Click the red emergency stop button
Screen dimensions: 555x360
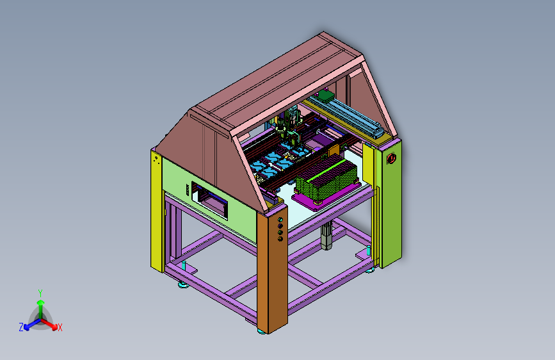click(391, 158)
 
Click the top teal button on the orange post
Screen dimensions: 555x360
click(280, 220)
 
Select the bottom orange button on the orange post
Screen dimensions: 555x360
click(280, 239)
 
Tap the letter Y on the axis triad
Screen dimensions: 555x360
click(40, 293)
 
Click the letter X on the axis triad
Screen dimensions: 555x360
click(60, 327)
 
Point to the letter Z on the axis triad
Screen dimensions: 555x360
click(21, 327)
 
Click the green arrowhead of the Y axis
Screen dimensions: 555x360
click(41, 302)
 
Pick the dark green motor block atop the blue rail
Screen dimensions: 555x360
click(326, 95)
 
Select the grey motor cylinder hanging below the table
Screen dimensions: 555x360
click(326, 236)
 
